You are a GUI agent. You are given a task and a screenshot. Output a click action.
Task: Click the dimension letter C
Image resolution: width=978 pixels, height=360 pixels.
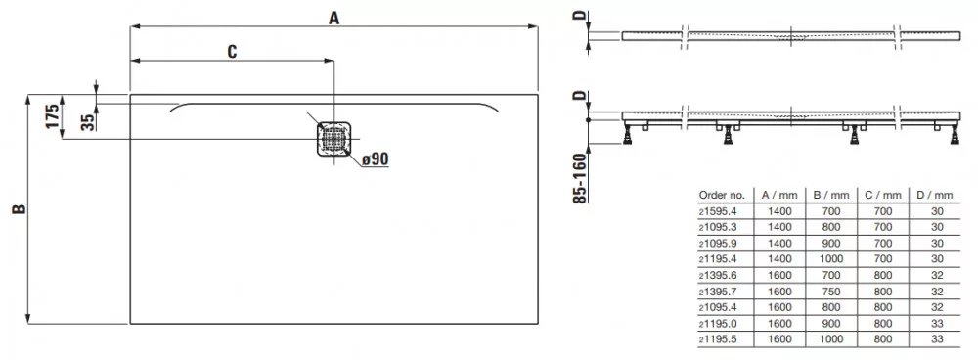click(232, 52)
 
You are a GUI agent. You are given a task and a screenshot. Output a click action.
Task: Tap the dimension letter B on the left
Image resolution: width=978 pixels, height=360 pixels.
click(20, 209)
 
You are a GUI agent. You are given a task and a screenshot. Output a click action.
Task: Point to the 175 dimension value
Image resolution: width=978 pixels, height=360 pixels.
click(53, 116)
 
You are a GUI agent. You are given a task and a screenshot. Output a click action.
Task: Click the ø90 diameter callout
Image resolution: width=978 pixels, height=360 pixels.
click(376, 159)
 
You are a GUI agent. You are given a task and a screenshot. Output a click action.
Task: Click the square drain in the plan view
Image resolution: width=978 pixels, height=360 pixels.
click(334, 139)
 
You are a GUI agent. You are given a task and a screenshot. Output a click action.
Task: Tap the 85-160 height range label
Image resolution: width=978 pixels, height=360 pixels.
click(580, 177)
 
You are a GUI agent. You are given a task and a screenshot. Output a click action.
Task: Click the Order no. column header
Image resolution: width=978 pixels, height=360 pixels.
click(723, 195)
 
